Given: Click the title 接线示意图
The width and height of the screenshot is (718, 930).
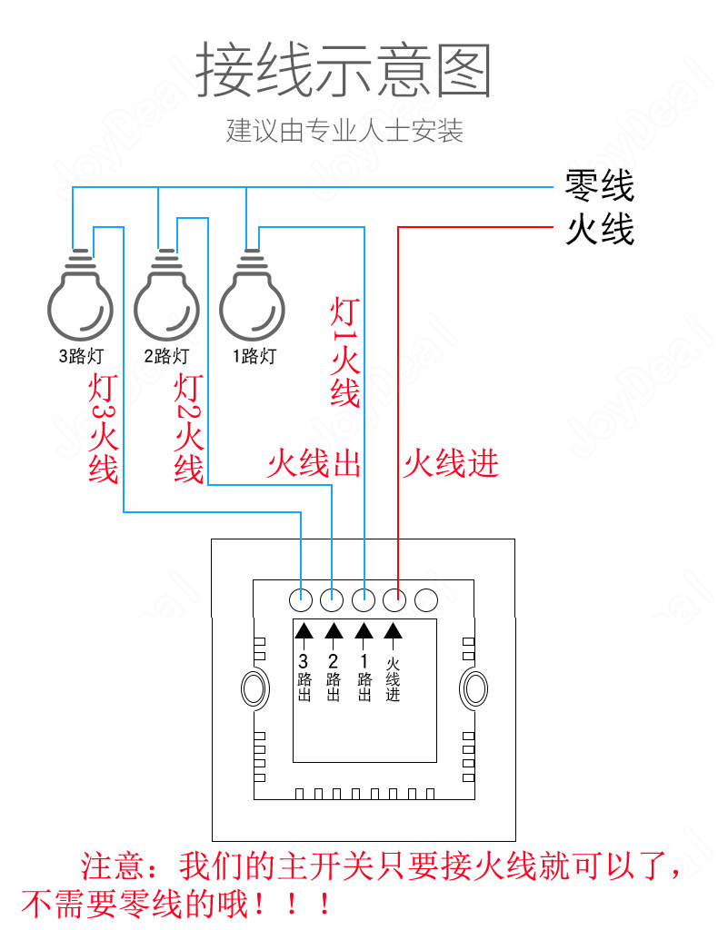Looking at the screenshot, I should click(344, 72).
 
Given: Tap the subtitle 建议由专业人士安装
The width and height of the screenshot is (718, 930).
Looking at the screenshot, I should click(344, 131).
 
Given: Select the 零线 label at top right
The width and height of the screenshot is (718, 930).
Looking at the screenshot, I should click(599, 186).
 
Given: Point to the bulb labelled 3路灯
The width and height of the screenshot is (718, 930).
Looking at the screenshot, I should click(80, 300).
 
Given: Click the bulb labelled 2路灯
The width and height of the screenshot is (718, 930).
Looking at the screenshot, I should click(166, 300).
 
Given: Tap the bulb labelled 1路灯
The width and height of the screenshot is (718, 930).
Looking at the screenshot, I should click(252, 300).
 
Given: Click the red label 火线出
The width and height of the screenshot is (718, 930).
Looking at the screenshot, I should click(314, 464).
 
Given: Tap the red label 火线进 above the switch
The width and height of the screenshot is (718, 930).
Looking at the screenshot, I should click(452, 464).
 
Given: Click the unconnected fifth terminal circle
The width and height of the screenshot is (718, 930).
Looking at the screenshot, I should click(425, 599).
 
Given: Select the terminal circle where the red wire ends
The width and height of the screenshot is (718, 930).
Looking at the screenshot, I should click(394, 599).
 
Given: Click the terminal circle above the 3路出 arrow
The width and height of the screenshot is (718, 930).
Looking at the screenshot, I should click(302, 599).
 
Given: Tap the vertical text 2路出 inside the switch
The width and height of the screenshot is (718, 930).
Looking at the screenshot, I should click(333, 678).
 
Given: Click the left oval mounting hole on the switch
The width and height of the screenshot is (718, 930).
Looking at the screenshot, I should click(254, 688).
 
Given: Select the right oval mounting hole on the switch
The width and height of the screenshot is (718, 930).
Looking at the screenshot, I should click(474, 688).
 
